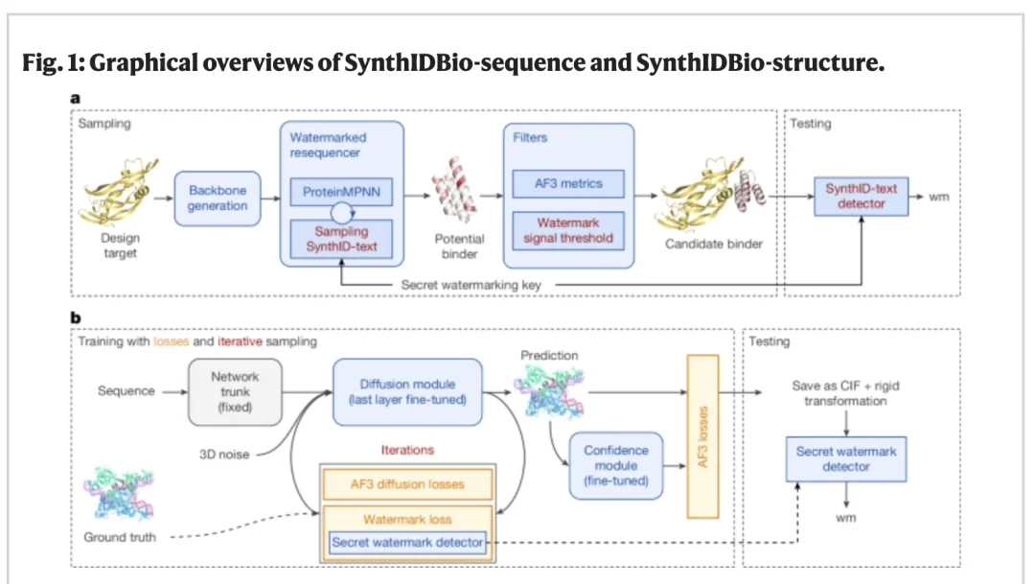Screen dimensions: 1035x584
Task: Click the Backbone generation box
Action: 218,199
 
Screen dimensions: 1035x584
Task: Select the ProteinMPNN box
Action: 341,192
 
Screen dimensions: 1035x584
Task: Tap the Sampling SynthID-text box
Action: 341,239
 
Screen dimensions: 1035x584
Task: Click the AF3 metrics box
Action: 568,184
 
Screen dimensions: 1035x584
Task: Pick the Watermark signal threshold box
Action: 568,230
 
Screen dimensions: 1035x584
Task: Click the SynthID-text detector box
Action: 861,197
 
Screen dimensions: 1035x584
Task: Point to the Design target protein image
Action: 120,192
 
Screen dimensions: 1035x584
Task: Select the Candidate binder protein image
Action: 714,194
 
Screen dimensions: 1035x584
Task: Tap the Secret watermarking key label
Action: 471,285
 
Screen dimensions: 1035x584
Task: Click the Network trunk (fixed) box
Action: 235,392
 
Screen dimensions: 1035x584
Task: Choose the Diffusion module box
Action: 407,392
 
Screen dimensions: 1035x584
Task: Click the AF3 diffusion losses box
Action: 407,484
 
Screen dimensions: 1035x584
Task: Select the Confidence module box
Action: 616,466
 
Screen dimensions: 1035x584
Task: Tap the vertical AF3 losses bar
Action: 702,436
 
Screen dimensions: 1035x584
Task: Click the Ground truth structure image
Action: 119,494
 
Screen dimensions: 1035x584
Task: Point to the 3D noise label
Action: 224,455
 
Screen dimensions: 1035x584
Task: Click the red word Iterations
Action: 407,450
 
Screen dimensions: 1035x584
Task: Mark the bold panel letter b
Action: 76,317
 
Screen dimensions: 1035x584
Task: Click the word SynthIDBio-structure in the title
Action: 760,62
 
